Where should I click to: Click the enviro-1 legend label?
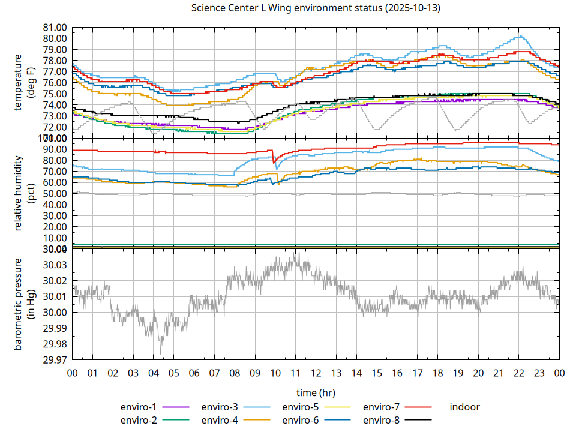tap(139, 407)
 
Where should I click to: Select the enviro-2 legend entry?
tap(139, 420)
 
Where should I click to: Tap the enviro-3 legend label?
tap(220, 407)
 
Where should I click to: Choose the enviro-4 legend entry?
tap(220, 420)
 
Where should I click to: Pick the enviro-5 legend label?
tap(301, 407)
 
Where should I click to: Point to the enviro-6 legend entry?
tap(301, 420)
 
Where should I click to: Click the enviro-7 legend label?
tap(382, 407)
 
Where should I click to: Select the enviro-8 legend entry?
tap(382, 420)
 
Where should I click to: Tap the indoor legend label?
tap(465, 407)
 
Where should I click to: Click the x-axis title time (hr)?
tap(316, 392)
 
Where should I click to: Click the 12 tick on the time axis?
tap(316, 373)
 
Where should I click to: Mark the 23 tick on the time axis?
tap(539, 373)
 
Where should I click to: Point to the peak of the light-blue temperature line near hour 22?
tap(521, 36)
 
